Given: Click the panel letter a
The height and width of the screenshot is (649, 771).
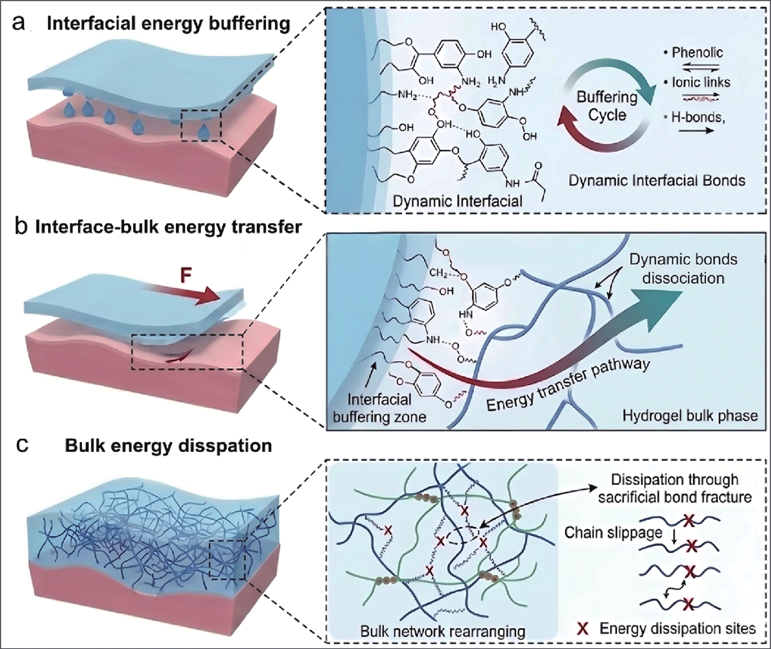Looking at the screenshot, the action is tap(18, 24).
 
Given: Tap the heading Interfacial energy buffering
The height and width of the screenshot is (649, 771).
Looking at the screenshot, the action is tap(169, 24).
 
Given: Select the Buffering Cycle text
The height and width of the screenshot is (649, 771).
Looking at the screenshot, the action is tap(607, 106).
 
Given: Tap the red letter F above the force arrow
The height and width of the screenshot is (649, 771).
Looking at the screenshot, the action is tap(186, 276).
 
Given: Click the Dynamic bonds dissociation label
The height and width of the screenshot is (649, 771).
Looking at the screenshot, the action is tap(683, 269).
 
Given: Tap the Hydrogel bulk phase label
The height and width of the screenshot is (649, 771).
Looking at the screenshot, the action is tap(690, 416).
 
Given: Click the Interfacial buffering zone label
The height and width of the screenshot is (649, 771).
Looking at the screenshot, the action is tap(379, 408).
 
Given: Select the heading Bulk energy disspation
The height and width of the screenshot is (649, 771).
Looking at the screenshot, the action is tap(168, 446).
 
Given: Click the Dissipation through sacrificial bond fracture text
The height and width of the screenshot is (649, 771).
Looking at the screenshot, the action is tap(674, 488).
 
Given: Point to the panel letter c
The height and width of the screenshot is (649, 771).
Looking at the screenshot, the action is tap(22, 446).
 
